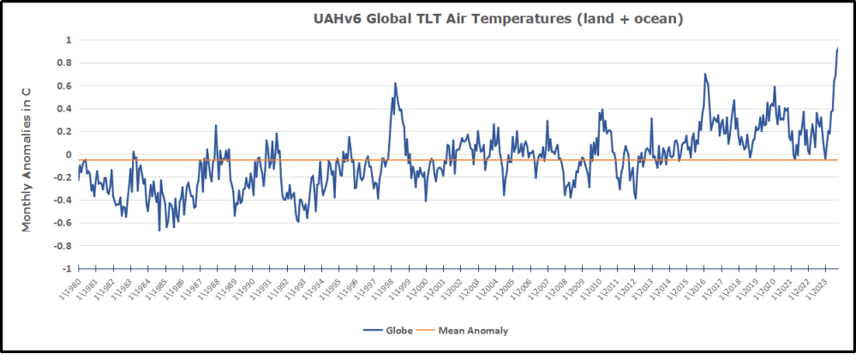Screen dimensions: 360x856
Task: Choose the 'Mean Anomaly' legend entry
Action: pyautogui.click(x=467, y=329)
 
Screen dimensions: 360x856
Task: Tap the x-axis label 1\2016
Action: pyautogui.click(x=696, y=289)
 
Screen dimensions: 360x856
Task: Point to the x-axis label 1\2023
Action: pyautogui.click(x=818, y=289)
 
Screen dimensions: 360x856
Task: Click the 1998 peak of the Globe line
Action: pyautogui.click(x=395, y=83)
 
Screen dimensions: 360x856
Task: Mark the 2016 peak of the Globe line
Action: pyautogui.click(x=704, y=74)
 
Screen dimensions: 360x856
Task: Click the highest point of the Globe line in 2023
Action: pyautogui.click(x=837, y=48)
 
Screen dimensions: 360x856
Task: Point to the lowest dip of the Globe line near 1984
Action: pyautogui.click(x=159, y=231)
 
